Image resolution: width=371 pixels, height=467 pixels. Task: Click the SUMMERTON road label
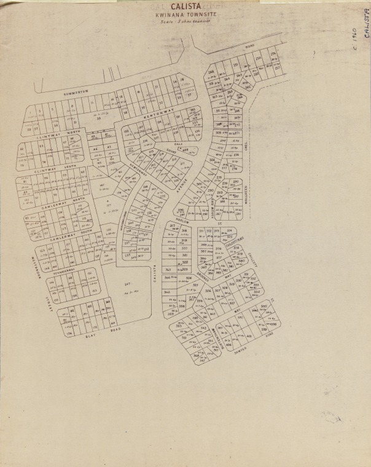76,91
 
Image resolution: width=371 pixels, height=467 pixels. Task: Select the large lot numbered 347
128,283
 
